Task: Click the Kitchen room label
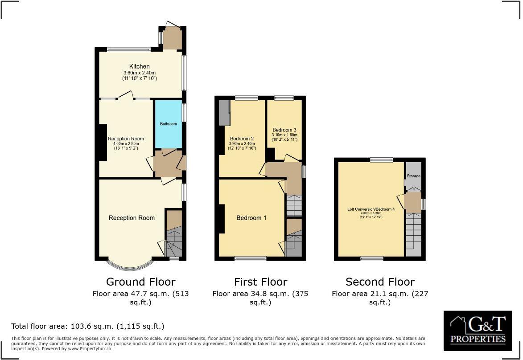(x=140, y=66)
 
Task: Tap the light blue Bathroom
(x=169, y=124)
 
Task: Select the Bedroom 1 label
(x=251, y=218)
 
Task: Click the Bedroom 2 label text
(x=242, y=138)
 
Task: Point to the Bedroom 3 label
(x=284, y=130)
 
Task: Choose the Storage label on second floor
(x=413, y=176)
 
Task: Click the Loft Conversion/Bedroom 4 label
(x=371, y=209)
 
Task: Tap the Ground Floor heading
(x=140, y=282)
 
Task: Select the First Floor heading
(x=260, y=282)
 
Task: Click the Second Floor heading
(x=380, y=282)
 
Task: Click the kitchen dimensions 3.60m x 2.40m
(x=140, y=73)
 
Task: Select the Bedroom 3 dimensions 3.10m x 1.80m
(x=284, y=135)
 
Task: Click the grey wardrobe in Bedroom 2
(x=223, y=112)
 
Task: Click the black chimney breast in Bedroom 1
(x=221, y=219)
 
